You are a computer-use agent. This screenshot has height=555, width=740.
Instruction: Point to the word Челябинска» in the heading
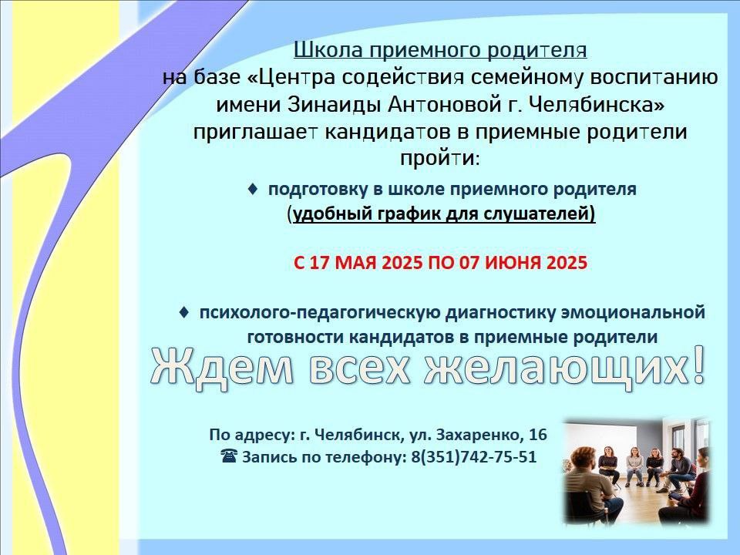[597, 105]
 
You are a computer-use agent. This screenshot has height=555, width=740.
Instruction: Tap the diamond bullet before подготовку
[253, 189]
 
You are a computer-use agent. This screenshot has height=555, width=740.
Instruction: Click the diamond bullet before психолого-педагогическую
[184, 312]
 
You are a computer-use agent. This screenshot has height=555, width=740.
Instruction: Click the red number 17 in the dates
[319, 262]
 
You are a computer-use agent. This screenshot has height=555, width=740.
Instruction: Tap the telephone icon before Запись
[229, 456]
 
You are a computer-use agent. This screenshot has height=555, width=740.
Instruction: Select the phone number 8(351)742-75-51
[474, 457]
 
